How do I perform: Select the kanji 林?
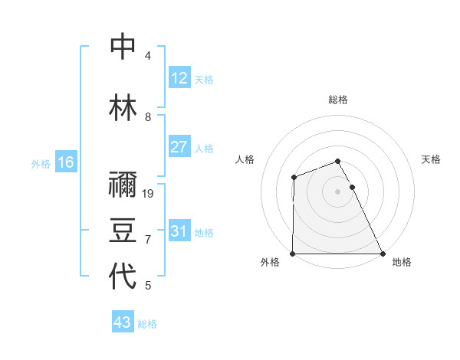[123, 107]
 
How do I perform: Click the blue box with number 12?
[179, 78]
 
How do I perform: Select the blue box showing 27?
[179, 147]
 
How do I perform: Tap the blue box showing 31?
[179, 231]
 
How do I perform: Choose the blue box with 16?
[65, 162]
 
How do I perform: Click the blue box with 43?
[122, 322]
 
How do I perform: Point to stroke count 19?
[149, 193]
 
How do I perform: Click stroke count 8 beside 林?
[148, 116]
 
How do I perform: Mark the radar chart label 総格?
[337, 100]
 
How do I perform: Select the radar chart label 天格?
[432, 159]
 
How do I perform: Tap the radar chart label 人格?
[245, 159]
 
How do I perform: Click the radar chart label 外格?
[269, 262]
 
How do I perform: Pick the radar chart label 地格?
[402, 262]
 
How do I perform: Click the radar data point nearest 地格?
[383, 254]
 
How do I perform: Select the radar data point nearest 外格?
[293, 254]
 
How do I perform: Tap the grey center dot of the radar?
[337, 191]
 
